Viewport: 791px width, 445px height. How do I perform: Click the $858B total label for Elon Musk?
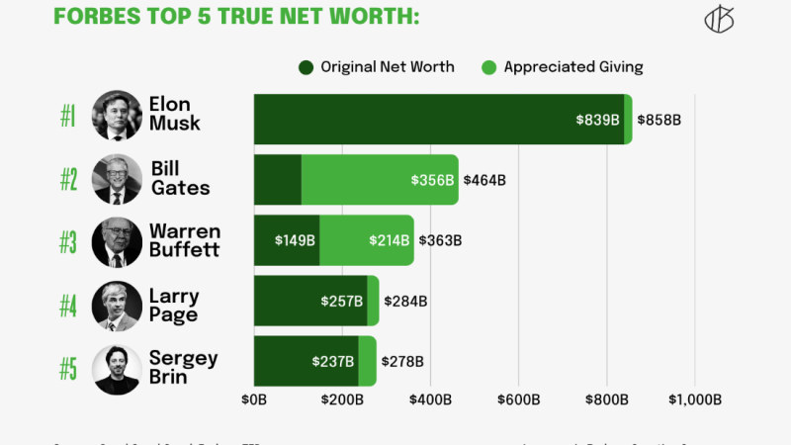point(659,120)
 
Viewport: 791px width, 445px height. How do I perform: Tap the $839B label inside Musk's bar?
point(598,120)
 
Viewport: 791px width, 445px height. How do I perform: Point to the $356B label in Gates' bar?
point(433,180)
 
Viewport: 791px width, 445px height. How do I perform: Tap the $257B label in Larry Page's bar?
point(342,301)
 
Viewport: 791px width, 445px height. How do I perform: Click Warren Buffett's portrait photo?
point(117,241)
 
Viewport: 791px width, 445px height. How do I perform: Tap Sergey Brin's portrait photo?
point(117,368)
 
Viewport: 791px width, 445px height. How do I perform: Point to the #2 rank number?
point(68,180)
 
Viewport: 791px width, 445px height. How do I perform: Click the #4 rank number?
point(68,307)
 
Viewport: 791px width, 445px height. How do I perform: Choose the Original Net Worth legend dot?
point(306,67)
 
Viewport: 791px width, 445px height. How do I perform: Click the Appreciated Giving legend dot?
point(488,67)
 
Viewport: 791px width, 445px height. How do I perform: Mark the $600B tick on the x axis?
point(518,400)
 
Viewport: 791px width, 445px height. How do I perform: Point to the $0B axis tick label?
point(254,400)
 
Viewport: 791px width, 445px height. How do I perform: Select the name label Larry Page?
point(174,306)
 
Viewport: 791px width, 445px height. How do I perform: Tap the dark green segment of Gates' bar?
point(278,180)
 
